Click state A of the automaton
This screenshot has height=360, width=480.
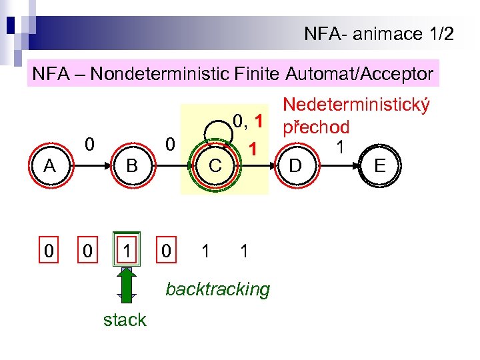(49, 165)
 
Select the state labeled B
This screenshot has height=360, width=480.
(132, 165)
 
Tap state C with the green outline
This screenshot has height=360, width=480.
(215, 165)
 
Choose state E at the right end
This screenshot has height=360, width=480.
(379, 165)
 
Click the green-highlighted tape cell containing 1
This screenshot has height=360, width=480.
(125, 251)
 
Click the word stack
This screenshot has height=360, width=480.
(125, 320)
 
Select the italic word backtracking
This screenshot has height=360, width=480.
(217, 289)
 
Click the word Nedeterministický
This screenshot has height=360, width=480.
(356, 105)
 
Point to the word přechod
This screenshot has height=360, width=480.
(316, 127)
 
